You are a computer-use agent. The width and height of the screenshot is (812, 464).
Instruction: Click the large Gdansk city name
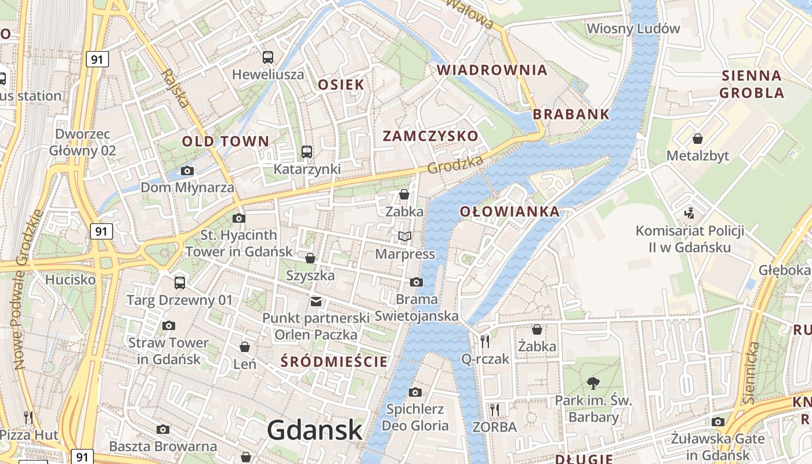tap(315, 430)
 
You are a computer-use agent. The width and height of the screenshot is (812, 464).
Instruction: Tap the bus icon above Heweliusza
tap(267, 57)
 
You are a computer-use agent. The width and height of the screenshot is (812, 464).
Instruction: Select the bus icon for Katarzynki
tap(307, 152)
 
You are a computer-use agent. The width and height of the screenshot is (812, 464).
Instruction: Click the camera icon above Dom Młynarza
tap(187, 171)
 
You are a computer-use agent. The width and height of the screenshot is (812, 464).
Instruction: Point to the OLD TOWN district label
tap(226, 141)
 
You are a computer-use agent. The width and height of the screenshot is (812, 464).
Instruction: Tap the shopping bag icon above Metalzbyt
tap(698, 139)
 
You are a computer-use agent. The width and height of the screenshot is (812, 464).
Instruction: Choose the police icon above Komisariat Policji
tap(689, 213)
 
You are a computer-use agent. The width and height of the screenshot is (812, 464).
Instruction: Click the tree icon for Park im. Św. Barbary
tap(593, 383)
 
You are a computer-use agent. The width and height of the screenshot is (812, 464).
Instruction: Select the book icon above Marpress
tap(405, 237)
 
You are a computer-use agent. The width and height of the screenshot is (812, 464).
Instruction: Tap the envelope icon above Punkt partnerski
tap(316, 301)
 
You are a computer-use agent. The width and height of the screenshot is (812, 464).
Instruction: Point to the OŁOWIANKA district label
tap(510, 212)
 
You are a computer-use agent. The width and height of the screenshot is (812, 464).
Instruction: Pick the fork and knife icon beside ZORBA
tap(494, 410)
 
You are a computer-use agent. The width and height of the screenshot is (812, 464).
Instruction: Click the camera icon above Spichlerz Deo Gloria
tap(415, 392)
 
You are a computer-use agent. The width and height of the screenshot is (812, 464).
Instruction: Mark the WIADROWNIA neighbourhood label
tap(492, 70)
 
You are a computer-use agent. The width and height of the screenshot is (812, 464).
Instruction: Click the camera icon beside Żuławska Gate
tap(718, 422)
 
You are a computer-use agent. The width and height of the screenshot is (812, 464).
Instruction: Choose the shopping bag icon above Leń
tap(245, 347)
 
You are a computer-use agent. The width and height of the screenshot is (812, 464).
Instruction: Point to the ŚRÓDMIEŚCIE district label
tap(334, 362)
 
